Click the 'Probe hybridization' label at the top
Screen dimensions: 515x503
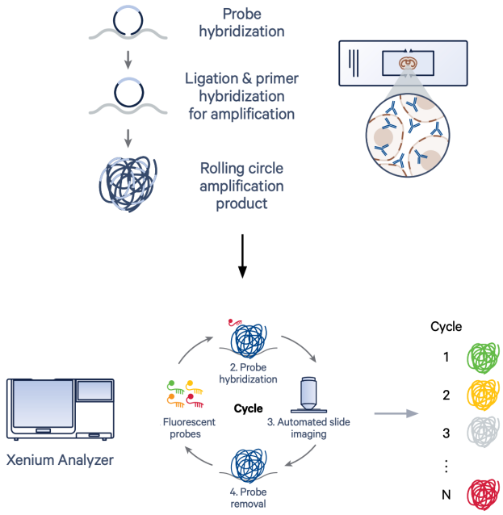pos(242,24)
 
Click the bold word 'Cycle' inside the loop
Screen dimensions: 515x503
pos(248,409)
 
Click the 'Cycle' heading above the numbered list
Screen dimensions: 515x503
pos(446,327)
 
